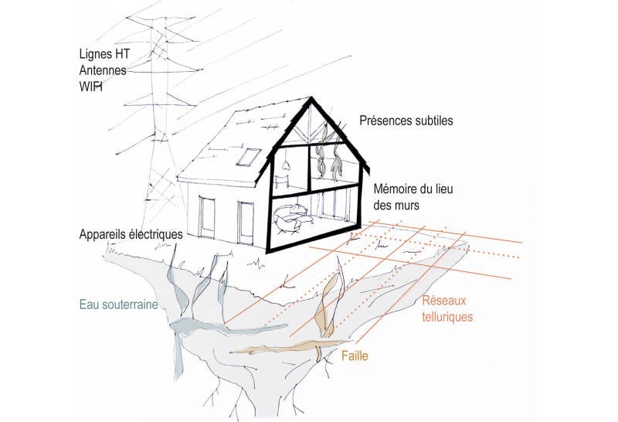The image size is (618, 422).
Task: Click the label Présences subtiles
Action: pyautogui.click(x=405, y=121)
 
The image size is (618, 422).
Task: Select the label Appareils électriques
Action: pyautogui.click(x=131, y=233)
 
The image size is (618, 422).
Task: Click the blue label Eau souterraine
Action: pyautogui.click(x=118, y=305)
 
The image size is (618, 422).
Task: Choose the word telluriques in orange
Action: pyautogui.click(x=448, y=316)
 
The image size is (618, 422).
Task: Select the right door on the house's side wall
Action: pyautogui.click(x=246, y=218)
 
